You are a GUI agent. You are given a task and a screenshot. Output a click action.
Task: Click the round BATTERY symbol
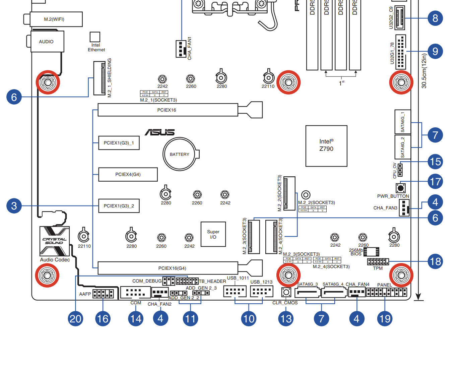pos(180,154)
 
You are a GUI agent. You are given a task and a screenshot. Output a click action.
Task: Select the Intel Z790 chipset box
pos(326,146)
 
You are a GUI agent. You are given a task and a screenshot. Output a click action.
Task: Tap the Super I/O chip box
pos(213,234)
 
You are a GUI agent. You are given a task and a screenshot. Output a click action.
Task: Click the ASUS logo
pos(160,132)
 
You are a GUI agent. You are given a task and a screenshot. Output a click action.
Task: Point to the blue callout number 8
pos(435,18)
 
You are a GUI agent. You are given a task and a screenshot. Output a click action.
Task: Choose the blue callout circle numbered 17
pos(435,182)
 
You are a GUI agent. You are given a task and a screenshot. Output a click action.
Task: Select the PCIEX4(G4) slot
pos(128,174)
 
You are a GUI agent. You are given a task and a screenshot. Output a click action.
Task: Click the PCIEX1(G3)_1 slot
pos(119,143)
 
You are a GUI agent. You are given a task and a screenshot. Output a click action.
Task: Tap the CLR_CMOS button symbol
pos(286,293)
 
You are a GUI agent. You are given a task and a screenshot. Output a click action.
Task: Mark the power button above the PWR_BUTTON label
pos(401,188)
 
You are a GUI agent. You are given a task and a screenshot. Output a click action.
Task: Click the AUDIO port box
pos(47,42)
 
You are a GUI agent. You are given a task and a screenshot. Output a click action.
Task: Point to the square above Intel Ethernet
pos(95,37)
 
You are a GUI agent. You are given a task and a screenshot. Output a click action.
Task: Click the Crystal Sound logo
pos(55,241)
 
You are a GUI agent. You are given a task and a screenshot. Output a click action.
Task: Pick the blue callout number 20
pos(75,318)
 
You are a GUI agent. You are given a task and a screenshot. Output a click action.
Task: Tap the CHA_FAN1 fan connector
pos(181,49)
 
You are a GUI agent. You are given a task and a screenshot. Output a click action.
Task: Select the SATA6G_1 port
pos(403,122)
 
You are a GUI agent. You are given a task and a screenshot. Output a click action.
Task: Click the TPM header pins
pos(378,261)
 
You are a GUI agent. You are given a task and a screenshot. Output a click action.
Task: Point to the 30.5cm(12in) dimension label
pos(424,71)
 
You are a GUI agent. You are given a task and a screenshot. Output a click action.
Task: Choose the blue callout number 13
pos(286,318)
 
